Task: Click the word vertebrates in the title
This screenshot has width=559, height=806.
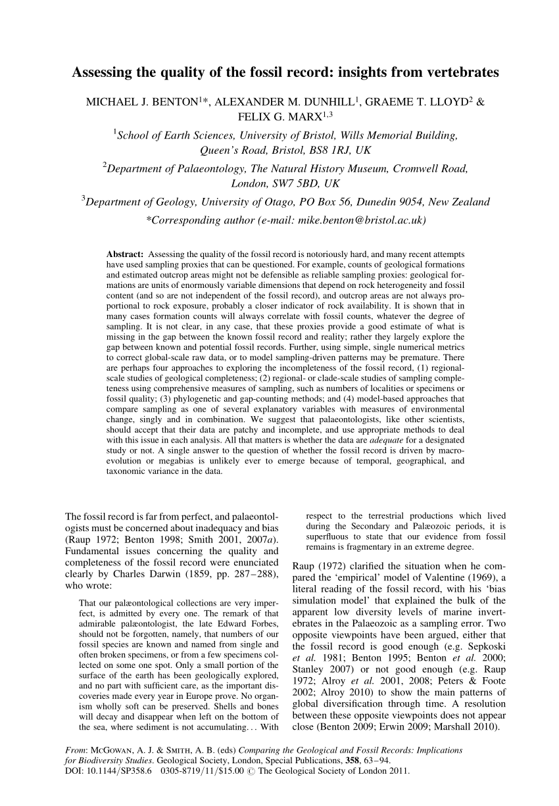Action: coord(460,72)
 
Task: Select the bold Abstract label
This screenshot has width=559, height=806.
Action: coord(125,254)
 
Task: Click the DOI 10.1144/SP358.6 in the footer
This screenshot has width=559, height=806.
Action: coord(107,770)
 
